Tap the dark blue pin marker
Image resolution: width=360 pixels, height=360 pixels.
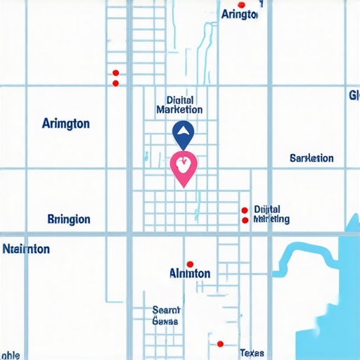[x=183, y=131]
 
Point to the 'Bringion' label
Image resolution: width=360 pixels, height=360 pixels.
[x=69, y=219]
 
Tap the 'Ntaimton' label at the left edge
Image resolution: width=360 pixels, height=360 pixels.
[x=26, y=249]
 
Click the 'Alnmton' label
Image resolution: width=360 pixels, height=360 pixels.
[x=190, y=273]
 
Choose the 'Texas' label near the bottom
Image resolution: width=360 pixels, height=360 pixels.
[x=252, y=352]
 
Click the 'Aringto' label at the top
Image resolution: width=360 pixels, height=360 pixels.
[x=239, y=14]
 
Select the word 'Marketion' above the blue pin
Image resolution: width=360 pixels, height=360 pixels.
[x=179, y=110]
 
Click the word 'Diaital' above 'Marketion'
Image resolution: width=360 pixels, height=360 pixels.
[x=180, y=100]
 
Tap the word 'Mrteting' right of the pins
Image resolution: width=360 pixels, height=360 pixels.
[x=271, y=219]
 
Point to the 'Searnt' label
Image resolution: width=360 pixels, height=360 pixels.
[x=167, y=309]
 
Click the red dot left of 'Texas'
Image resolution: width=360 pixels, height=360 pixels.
[x=220, y=344]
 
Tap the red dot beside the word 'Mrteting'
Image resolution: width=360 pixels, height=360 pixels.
[x=245, y=220]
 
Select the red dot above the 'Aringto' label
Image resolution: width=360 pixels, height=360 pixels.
[x=241, y=4]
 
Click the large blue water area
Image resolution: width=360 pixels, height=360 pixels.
[x=330, y=302]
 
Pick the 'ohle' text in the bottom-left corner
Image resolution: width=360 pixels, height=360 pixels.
[x=10, y=355]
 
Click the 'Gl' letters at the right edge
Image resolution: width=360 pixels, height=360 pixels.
[x=354, y=95]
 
